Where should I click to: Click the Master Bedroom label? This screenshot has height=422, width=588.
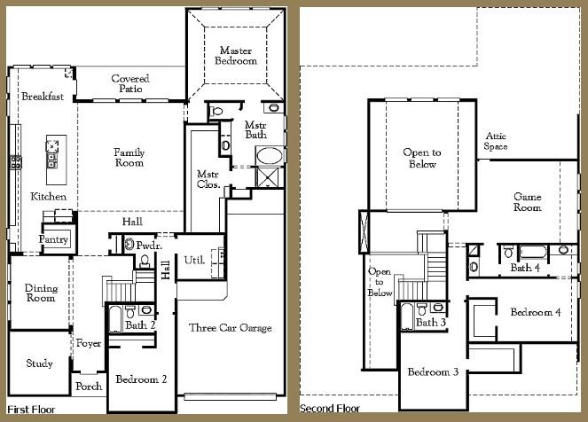pyautogui.click(x=237, y=56)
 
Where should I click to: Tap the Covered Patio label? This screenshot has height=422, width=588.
pyautogui.click(x=130, y=84)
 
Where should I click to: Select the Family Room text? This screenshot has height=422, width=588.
pyautogui.click(x=129, y=158)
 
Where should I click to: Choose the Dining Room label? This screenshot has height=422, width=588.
pyautogui.click(x=39, y=293)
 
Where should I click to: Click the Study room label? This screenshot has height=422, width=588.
pyautogui.click(x=39, y=363)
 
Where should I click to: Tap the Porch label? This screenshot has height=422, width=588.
pyautogui.click(x=89, y=387)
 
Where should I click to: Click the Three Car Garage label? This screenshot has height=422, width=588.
pyautogui.click(x=231, y=328)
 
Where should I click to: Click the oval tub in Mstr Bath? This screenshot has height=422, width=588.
pyautogui.click(x=270, y=157)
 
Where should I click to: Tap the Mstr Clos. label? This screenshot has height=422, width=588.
pyautogui.click(x=208, y=180)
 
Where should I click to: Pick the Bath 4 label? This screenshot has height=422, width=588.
pyautogui.click(x=525, y=268)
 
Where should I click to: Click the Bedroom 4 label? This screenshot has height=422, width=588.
pyautogui.click(x=535, y=312)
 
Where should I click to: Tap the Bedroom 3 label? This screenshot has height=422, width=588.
pyautogui.click(x=432, y=371)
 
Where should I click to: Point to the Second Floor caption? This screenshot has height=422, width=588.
pyautogui.click(x=330, y=409)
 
